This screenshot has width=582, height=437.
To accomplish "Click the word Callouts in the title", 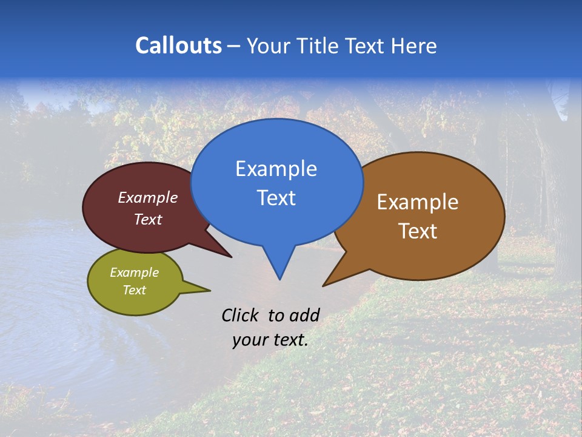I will [178, 46].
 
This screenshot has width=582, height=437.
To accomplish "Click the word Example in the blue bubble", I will [276, 169].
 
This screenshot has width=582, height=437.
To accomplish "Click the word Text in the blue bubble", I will [276, 198].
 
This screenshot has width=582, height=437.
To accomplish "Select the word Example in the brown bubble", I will [418, 202].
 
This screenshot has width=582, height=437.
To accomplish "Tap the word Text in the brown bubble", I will [418, 231].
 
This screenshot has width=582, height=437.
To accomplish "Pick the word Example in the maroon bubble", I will [148, 198].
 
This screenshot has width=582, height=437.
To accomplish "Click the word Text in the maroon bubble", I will [148, 219].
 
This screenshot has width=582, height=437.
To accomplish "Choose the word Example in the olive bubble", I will [135, 273].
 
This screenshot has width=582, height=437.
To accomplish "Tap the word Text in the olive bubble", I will [135, 290].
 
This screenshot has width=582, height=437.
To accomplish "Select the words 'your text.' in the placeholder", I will [270, 340].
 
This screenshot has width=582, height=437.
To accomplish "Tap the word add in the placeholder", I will [305, 315].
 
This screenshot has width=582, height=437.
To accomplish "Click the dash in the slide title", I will [235, 46].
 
